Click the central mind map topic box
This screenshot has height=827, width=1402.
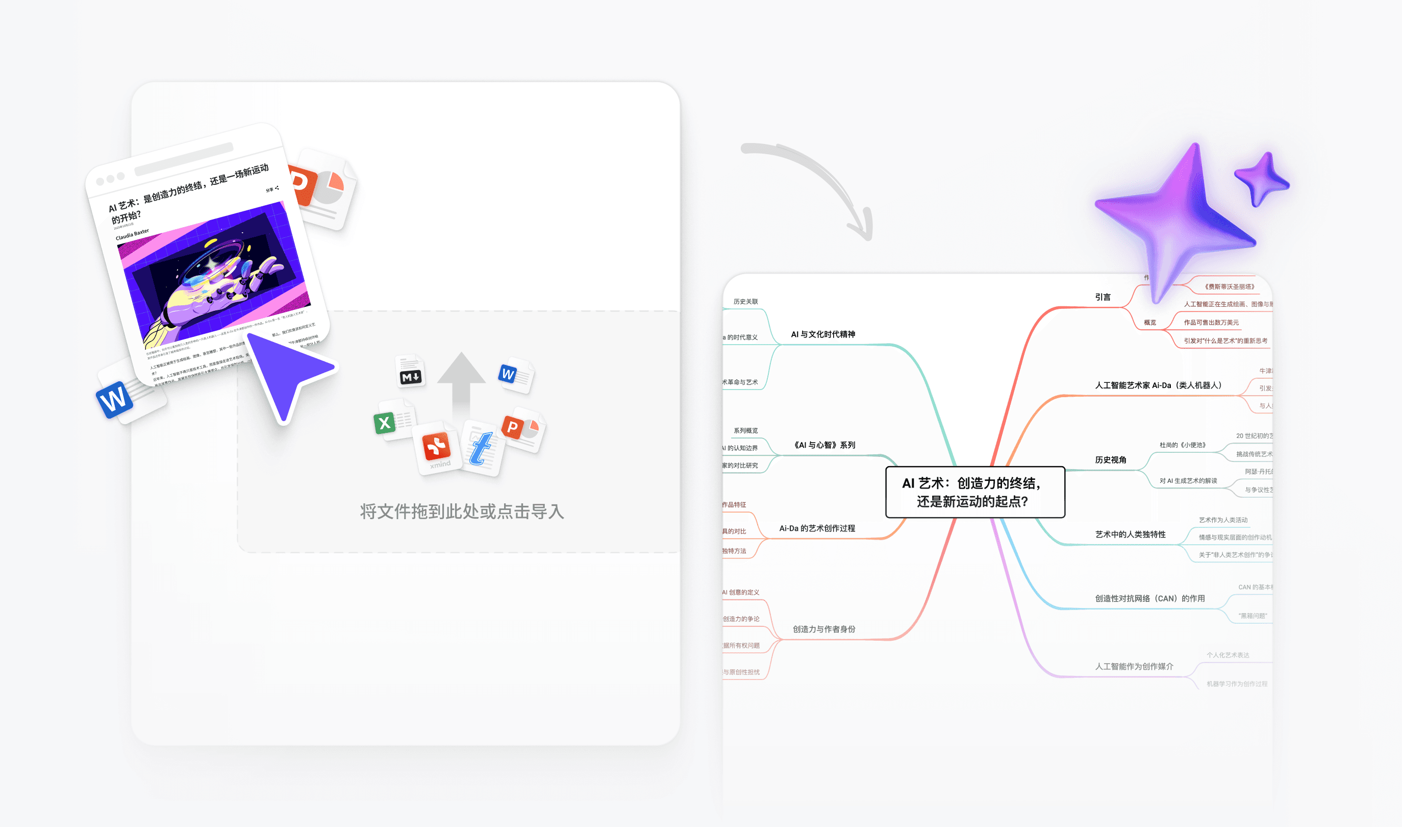tap(974, 492)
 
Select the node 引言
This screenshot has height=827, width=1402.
tap(1103, 297)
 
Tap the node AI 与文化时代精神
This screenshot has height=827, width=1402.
tap(822, 334)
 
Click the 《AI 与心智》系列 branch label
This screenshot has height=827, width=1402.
tap(824, 445)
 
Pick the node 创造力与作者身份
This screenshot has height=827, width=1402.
tap(823, 629)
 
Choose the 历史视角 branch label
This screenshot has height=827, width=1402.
tap(1110, 460)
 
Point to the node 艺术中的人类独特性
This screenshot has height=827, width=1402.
tap(1130, 534)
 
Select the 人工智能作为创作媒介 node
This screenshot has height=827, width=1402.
tap(1134, 667)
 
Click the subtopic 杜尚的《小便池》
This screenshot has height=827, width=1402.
tap(1182, 445)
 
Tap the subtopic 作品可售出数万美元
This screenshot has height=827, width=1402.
tap(1211, 323)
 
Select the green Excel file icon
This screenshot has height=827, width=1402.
tap(385, 423)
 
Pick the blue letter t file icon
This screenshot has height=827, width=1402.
tap(481, 448)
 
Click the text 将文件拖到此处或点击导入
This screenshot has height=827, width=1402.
tap(462, 512)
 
